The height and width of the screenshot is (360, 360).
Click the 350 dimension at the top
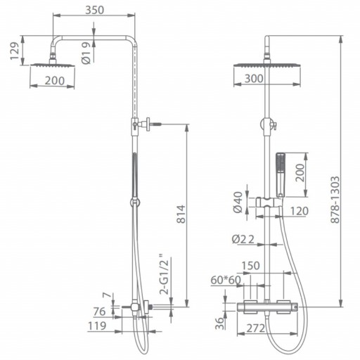click(94, 10)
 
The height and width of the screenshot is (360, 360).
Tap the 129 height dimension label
click(15, 51)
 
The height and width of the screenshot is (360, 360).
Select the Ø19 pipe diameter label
click(86, 53)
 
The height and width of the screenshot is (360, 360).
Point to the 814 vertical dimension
click(181, 214)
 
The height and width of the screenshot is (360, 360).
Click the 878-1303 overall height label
click(335, 200)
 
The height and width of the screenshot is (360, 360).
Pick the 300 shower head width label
click(254, 79)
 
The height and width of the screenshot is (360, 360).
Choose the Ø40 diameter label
click(238, 202)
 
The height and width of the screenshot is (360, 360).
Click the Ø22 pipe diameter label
click(243, 239)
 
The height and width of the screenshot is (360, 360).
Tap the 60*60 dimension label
click(226, 280)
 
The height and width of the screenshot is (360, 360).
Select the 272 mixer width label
click(255, 328)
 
